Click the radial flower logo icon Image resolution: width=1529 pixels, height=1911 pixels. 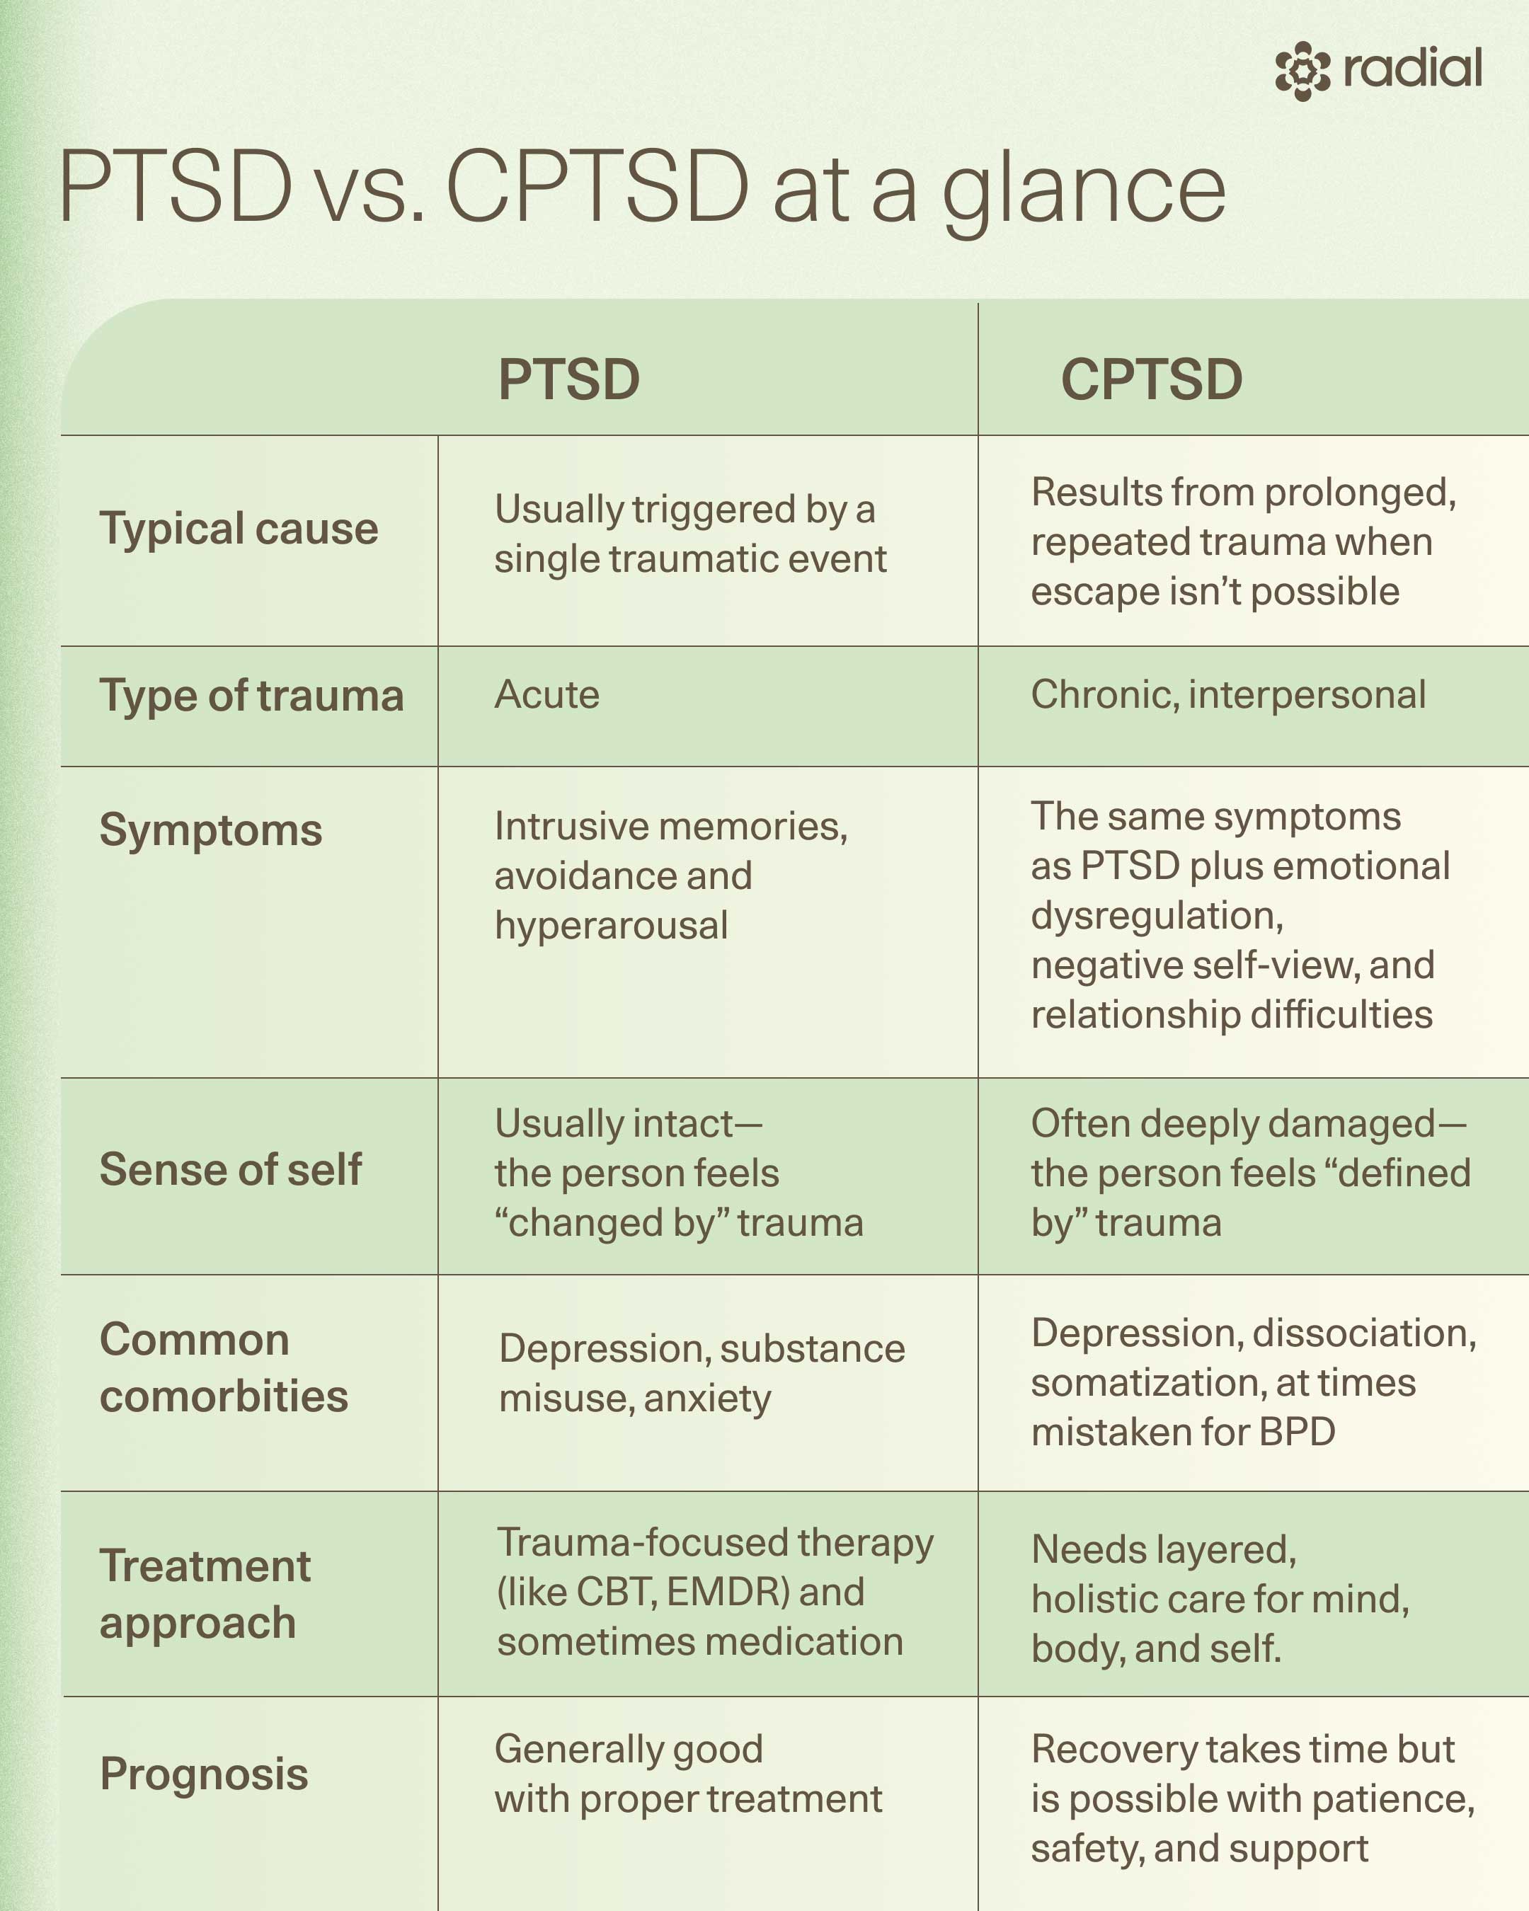tap(1302, 70)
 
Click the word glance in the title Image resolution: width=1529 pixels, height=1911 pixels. tap(1083, 189)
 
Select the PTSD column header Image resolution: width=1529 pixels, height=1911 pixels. tap(569, 379)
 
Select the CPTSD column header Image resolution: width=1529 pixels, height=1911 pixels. tap(1152, 379)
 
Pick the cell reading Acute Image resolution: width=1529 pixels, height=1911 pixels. tap(547, 695)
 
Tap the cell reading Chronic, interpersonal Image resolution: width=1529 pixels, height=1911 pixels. tap(1227, 695)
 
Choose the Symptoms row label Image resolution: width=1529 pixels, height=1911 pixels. tap(211, 830)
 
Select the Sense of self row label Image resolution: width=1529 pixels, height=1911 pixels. tap(231, 1170)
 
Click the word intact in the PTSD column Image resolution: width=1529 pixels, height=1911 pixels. tap(678, 1124)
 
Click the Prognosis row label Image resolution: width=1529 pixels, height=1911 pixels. tap(204, 1774)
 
